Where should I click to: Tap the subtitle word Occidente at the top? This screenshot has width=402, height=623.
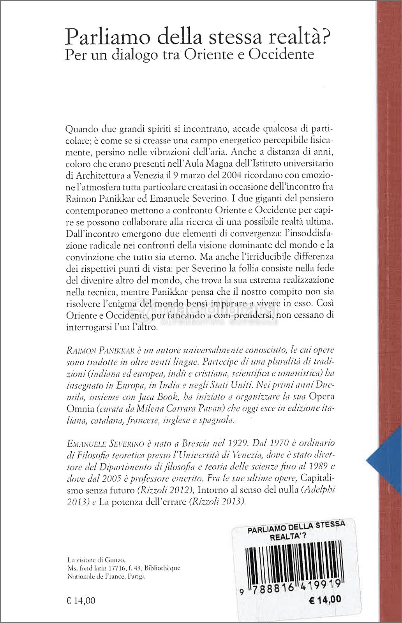pos(289,54)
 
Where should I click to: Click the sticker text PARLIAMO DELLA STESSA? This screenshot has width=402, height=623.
pos(296,524)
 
